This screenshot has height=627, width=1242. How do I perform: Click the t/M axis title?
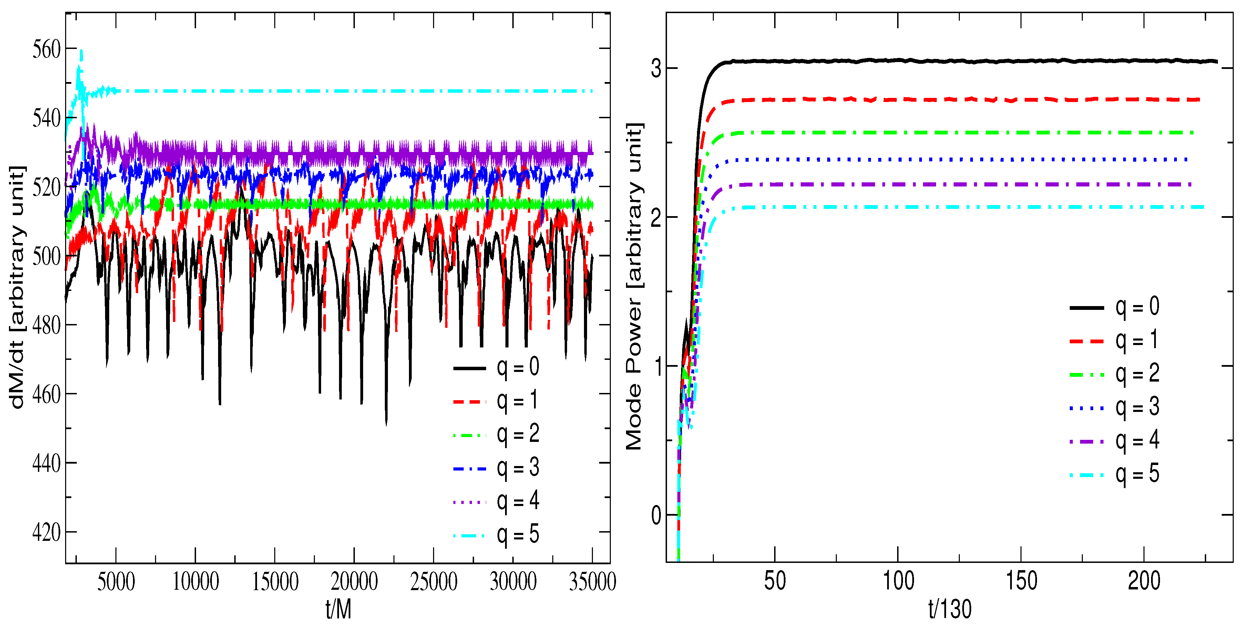(338, 609)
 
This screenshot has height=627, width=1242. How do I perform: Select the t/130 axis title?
(950, 609)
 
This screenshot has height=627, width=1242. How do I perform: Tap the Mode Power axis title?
(634, 287)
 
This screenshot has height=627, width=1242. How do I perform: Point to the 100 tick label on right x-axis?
(898, 581)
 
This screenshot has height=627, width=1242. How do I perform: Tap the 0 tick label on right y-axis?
(656, 516)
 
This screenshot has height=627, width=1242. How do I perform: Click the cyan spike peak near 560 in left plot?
(81, 50)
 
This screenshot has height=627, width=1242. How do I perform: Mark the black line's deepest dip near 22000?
(386, 424)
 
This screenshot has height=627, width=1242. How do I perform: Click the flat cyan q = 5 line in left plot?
(338, 91)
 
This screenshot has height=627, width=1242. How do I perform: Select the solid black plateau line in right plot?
(964, 61)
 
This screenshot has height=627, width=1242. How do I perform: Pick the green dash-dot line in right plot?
(964, 132)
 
